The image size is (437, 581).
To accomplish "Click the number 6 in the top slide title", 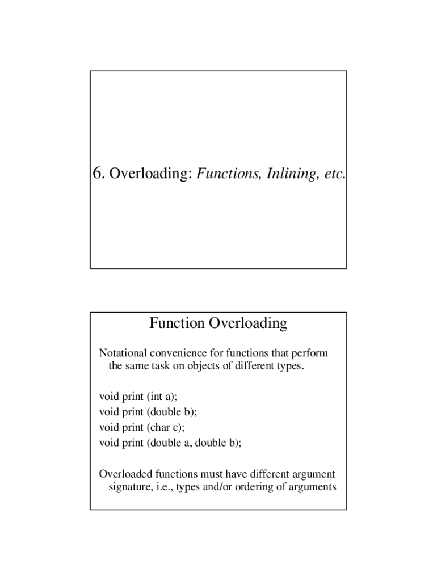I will click(x=98, y=174).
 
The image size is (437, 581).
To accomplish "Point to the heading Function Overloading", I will click(x=218, y=323).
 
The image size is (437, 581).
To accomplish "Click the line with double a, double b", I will click(x=170, y=443).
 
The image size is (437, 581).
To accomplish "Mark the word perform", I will click(x=310, y=353).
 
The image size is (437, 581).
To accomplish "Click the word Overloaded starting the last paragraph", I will click(x=125, y=474).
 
